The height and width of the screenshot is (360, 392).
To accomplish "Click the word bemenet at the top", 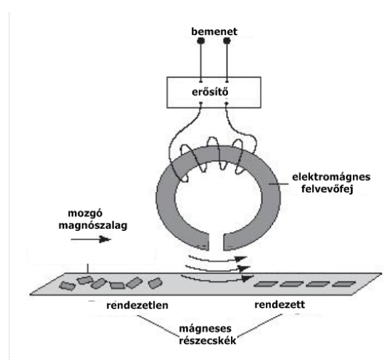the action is [x=215, y=32].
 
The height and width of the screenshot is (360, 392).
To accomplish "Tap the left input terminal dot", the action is [x=201, y=41].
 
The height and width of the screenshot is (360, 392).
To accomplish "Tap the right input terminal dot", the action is [x=227, y=41].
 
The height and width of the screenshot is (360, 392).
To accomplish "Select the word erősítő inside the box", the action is [x=210, y=92].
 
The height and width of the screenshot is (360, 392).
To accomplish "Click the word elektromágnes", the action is [x=331, y=177].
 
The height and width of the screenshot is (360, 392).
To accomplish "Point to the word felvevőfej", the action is [x=327, y=189].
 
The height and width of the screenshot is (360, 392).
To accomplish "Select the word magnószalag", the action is [x=93, y=225].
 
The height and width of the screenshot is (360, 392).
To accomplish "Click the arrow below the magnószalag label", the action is [x=91, y=240].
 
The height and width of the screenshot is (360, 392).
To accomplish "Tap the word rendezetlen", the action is [x=138, y=305].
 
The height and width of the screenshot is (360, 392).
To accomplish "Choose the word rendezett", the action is [x=280, y=304].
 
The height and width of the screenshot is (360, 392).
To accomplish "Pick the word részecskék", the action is [x=207, y=341].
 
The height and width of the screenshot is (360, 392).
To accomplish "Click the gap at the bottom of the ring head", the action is [x=216, y=242].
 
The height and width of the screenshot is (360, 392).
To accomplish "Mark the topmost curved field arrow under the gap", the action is [x=217, y=259].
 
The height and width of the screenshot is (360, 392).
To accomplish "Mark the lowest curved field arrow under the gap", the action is [x=217, y=279].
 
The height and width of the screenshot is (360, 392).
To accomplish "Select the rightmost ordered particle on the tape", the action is [x=344, y=284].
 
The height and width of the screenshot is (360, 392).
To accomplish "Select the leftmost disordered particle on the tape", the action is [x=67, y=286].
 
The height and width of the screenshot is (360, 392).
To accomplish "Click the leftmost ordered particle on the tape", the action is [x=266, y=284].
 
